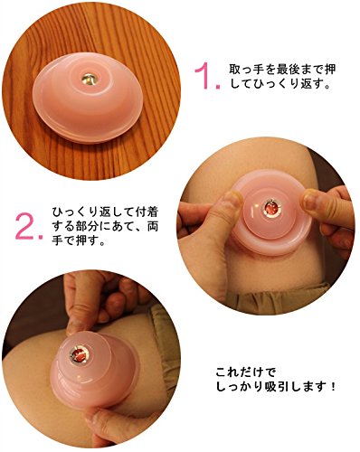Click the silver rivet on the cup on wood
pyautogui.click(x=89, y=79)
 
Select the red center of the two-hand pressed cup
pyautogui.click(x=271, y=209)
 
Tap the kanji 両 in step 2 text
pyautogui.click(x=153, y=226)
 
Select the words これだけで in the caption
pyautogui.click(x=246, y=372)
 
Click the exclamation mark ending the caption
pyautogui.click(x=333, y=386)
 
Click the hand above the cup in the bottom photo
pyautogui.click(x=99, y=298)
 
